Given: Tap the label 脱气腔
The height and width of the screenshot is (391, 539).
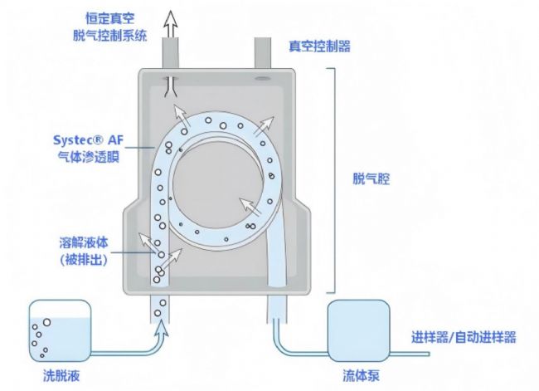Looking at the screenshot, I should click(369, 178).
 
